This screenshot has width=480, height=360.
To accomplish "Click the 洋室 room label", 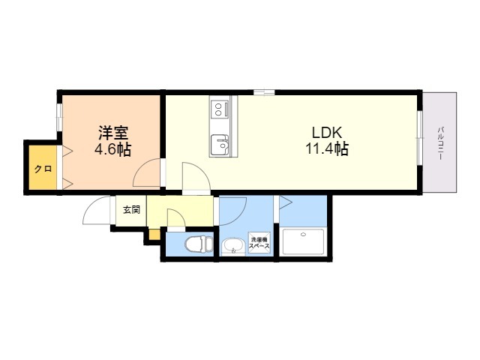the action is (x=113, y=133).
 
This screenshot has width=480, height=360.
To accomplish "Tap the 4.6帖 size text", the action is (x=113, y=150).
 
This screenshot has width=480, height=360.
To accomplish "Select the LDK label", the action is (x=327, y=133).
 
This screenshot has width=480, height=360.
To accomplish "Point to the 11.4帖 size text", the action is (x=327, y=149).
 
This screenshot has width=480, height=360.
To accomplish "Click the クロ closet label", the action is (x=43, y=169).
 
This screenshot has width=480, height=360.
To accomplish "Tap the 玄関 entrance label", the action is (x=132, y=210).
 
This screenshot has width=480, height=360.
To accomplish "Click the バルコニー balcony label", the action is (x=440, y=142).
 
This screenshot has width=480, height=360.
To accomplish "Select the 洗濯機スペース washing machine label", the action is (x=259, y=243).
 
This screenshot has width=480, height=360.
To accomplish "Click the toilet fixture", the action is (x=199, y=244).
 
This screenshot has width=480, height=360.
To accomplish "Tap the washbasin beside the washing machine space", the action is (x=233, y=246).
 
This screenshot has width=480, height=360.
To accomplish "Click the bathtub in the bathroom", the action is (x=303, y=241).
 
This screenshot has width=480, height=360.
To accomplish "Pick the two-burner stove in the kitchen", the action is (x=220, y=109).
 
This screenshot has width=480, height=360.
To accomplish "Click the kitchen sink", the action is (x=220, y=145).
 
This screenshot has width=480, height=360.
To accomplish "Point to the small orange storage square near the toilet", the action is (x=154, y=234).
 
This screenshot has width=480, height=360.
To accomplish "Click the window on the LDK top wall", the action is (x=264, y=92).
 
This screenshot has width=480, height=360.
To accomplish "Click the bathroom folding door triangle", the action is (x=285, y=202).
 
